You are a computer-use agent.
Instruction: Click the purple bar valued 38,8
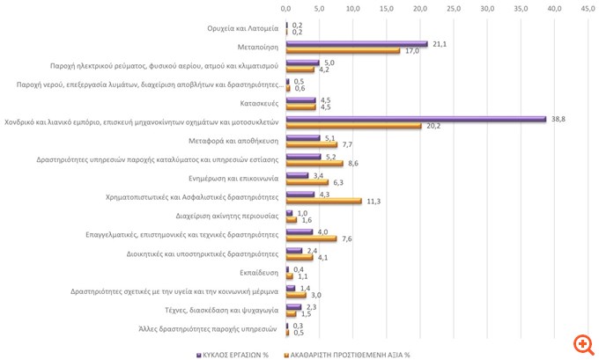[416, 119]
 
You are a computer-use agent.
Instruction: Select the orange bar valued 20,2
[353, 126]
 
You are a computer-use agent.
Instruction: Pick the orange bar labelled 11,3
[323, 201]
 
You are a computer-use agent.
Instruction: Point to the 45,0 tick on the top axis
[588, 9]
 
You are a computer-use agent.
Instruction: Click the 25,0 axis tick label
[454, 9]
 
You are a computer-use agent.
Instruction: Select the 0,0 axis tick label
[285, 9]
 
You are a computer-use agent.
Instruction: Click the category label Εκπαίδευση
[260, 273]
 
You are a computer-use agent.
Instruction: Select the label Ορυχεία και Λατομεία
[242, 28]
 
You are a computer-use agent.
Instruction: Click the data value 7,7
[347, 144]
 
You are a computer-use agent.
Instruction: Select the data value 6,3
[337, 182]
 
